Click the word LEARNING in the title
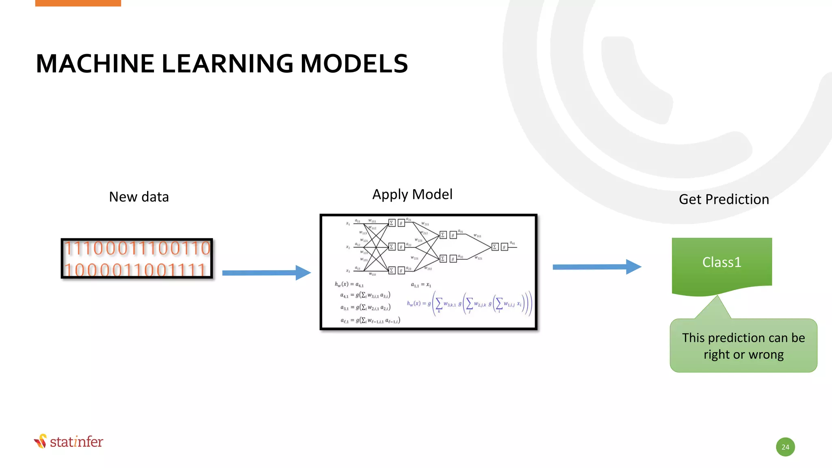(227, 64)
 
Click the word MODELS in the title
(354, 64)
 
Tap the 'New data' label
(139, 197)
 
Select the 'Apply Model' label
(412, 195)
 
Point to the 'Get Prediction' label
(724, 199)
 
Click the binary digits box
(137, 259)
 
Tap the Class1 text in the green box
(722, 262)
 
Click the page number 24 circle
(785, 447)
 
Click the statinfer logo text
(76, 442)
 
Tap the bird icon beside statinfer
(41, 441)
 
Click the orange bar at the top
(78, 3)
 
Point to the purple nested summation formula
(469, 304)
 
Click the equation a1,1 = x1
(421, 285)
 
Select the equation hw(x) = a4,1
(349, 284)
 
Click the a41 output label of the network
(512, 243)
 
